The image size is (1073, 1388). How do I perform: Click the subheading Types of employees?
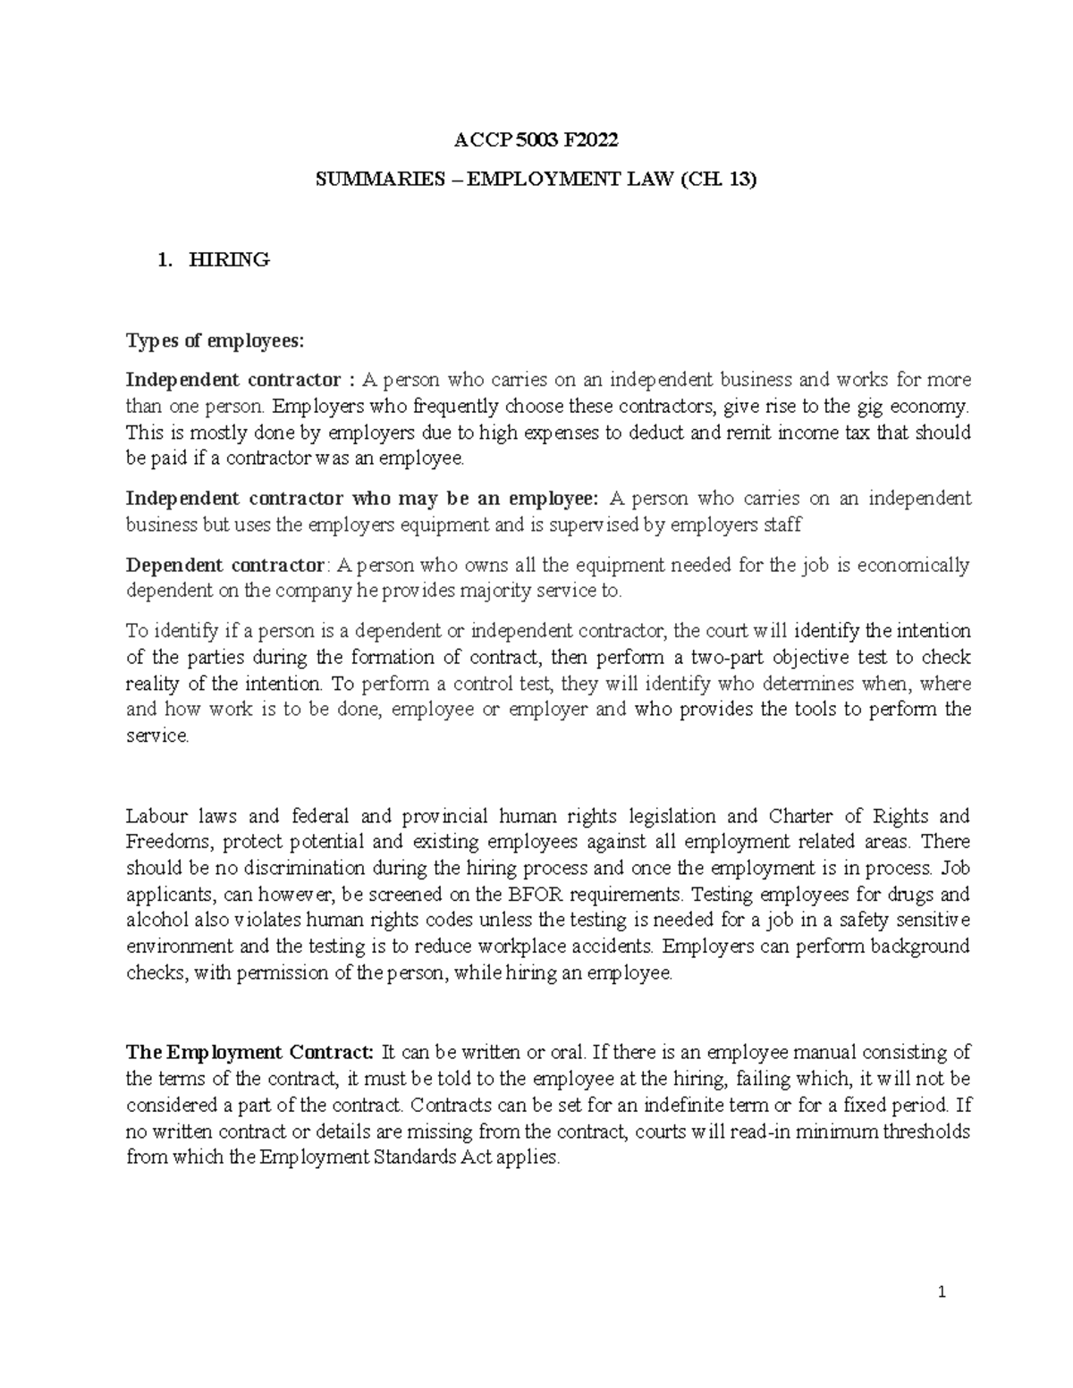click(x=215, y=341)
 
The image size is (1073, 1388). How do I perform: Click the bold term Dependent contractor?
click(x=226, y=565)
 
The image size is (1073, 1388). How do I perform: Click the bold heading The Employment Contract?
click(x=249, y=1052)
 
